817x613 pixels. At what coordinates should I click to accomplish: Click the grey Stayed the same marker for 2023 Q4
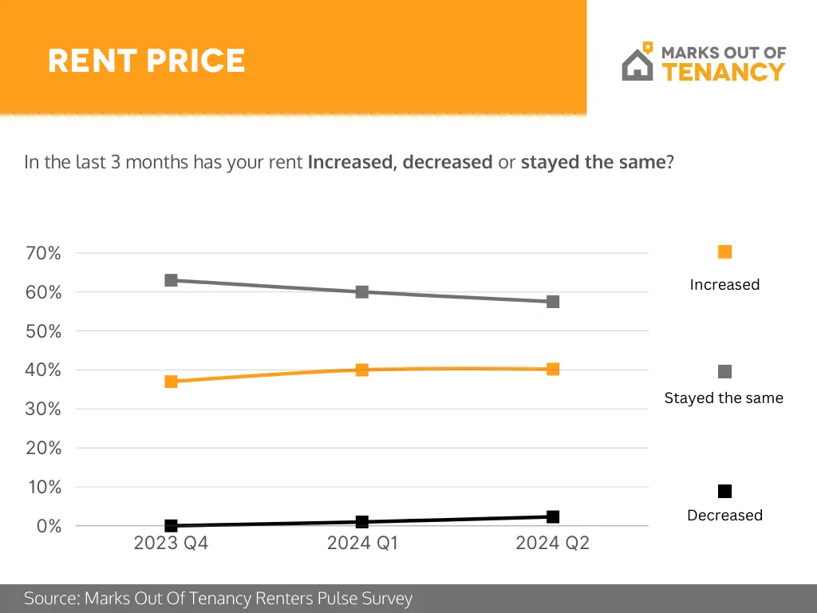[171, 280]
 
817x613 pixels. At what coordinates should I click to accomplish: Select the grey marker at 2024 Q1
[362, 292]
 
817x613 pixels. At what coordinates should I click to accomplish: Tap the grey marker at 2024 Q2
[553, 302]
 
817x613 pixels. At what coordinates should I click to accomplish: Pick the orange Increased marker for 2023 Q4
[171, 382]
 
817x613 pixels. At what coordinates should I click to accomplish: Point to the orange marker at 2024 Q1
[362, 370]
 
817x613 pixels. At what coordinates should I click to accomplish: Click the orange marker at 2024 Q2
[553, 369]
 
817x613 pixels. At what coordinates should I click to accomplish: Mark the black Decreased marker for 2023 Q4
[171, 525]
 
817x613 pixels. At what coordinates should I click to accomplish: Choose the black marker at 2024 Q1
[362, 521]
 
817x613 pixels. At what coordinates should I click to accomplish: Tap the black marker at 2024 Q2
[553, 516]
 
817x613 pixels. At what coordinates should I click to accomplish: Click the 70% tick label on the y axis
[44, 254]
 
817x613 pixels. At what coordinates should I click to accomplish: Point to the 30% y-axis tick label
[44, 409]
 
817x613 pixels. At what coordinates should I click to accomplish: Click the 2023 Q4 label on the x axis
[171, 544]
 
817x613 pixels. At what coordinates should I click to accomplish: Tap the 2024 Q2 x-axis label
[552, 544]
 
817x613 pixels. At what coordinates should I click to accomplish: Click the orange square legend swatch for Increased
[724, 252]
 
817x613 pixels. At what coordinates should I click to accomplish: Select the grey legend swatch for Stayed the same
[724, 372]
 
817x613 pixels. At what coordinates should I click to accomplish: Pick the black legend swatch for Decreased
[724, 491]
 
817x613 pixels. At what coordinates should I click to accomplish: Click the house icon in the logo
[637, 64]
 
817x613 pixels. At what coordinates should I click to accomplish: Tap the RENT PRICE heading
[146, 61]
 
